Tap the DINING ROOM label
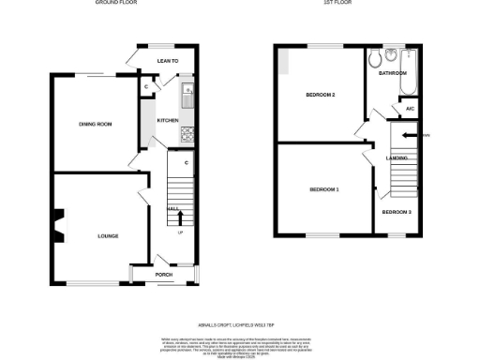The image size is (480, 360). (96, 124)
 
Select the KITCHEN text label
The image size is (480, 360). (168, 121)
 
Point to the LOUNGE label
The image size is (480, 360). (108, 236)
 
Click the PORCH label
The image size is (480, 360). (164, 275)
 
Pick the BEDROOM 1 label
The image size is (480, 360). (324, 190)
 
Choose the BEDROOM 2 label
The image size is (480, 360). (321, 96)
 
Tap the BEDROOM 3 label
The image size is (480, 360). (396, 212)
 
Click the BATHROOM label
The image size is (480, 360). (393, 73)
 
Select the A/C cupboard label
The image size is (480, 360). (410, 109)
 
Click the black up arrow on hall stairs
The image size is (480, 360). (180, 217)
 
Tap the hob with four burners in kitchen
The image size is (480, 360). (186, 132)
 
